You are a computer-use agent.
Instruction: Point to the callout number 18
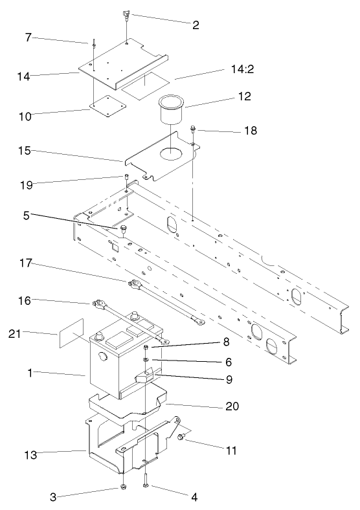pos(251,131)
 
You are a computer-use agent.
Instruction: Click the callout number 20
pos(214,406)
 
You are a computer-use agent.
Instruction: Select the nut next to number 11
pos(181,438)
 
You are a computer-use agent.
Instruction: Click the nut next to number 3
pos(122,487)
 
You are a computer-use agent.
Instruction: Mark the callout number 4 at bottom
pos(194,497)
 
